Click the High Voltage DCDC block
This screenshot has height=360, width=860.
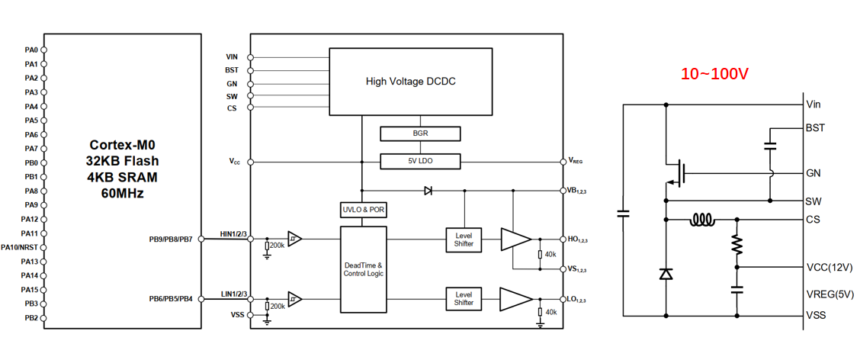pos(410,82)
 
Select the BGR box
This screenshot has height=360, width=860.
pos(420,133)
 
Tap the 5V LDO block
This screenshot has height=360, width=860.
pos(420,162)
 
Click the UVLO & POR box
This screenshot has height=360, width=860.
pos(362,211)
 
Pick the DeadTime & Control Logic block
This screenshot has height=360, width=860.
pos(363,269)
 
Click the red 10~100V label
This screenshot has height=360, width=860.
pos(714,73)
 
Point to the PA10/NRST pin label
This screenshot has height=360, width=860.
pos(20,247)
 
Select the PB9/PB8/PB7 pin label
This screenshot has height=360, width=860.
pos(171,239)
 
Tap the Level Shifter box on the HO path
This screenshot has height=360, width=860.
pos(464,239)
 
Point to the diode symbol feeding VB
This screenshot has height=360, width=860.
pos(428,191)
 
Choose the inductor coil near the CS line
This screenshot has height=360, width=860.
pos(703,220)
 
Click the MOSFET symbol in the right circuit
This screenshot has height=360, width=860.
pos(676,173)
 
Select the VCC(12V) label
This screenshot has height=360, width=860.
pos(830,267)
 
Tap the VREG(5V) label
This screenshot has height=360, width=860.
pos(830,294)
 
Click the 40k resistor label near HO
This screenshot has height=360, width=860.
pos(550,254)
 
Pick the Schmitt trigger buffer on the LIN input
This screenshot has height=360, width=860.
pos(294,299)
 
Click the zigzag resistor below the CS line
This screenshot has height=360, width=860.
pos(736,244)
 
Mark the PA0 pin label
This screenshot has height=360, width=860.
pos(30,50)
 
